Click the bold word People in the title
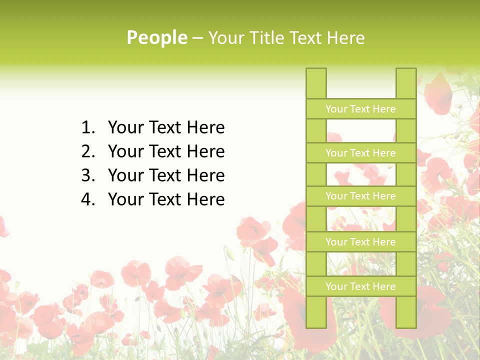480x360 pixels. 157,37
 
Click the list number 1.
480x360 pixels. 87,128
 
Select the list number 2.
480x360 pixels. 87,151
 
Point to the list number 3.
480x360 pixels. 87,175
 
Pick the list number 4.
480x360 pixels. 87,199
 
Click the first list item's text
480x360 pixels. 166,128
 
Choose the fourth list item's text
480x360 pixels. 166,199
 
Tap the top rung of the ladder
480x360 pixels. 360,109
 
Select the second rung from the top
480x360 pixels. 360,153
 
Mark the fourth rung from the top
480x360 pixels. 360,242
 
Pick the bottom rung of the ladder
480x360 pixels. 360,286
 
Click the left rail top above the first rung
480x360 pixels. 316,83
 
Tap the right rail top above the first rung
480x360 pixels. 406,83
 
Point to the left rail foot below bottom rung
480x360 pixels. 316,312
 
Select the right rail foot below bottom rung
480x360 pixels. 406,312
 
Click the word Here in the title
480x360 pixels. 346,37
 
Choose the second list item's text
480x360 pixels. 166,151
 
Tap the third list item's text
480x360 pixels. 166,175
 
